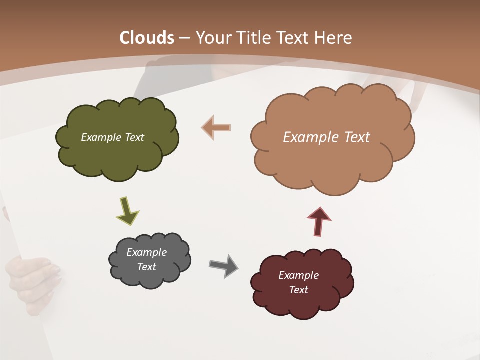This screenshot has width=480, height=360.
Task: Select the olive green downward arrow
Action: coord(127,210)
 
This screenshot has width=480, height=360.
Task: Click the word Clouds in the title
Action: coord(147,38)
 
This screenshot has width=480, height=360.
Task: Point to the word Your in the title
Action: coord(213,38)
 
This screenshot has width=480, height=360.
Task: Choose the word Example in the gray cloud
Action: coord(146,252)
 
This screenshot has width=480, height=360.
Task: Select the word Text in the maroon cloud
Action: coord(298,290)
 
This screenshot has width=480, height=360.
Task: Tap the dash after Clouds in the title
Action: coord(184,38)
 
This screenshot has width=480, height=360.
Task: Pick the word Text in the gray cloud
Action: coord(146,267)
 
